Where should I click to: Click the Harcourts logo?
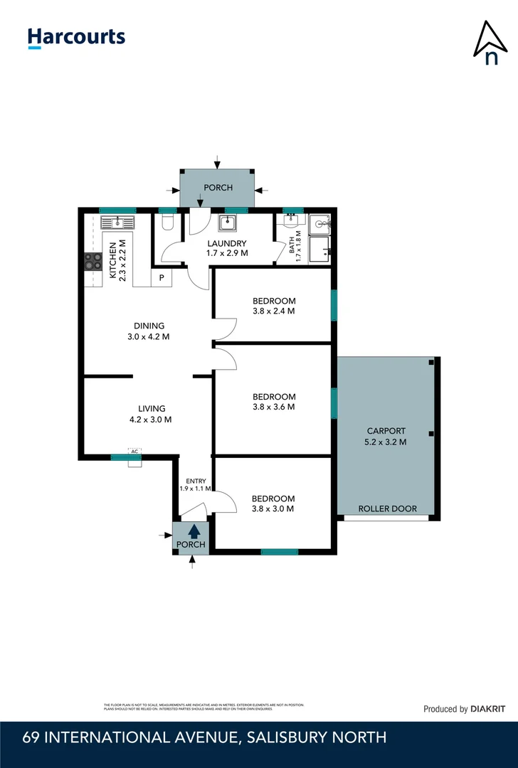(x=76, y=38)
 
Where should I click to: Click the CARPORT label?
(x=386, y=431)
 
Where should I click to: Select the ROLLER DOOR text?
(x=387, y=508)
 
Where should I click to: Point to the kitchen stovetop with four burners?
(x=93, y=262)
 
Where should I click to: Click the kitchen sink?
(x=117, y=223)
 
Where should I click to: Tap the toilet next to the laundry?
(x=168, y=224)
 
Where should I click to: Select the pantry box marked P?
(x=162, y=277)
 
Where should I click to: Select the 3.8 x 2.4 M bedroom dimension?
(x=273, y=311)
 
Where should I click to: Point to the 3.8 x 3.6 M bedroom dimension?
(x=273, y=407)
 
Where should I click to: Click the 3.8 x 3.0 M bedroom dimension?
(x=273, y=508)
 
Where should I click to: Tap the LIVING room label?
(x=152, y=408)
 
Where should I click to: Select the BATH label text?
(x=292, y=248)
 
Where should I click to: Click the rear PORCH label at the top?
(x=218, y=188)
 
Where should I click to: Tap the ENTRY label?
(x=195, y=481)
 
